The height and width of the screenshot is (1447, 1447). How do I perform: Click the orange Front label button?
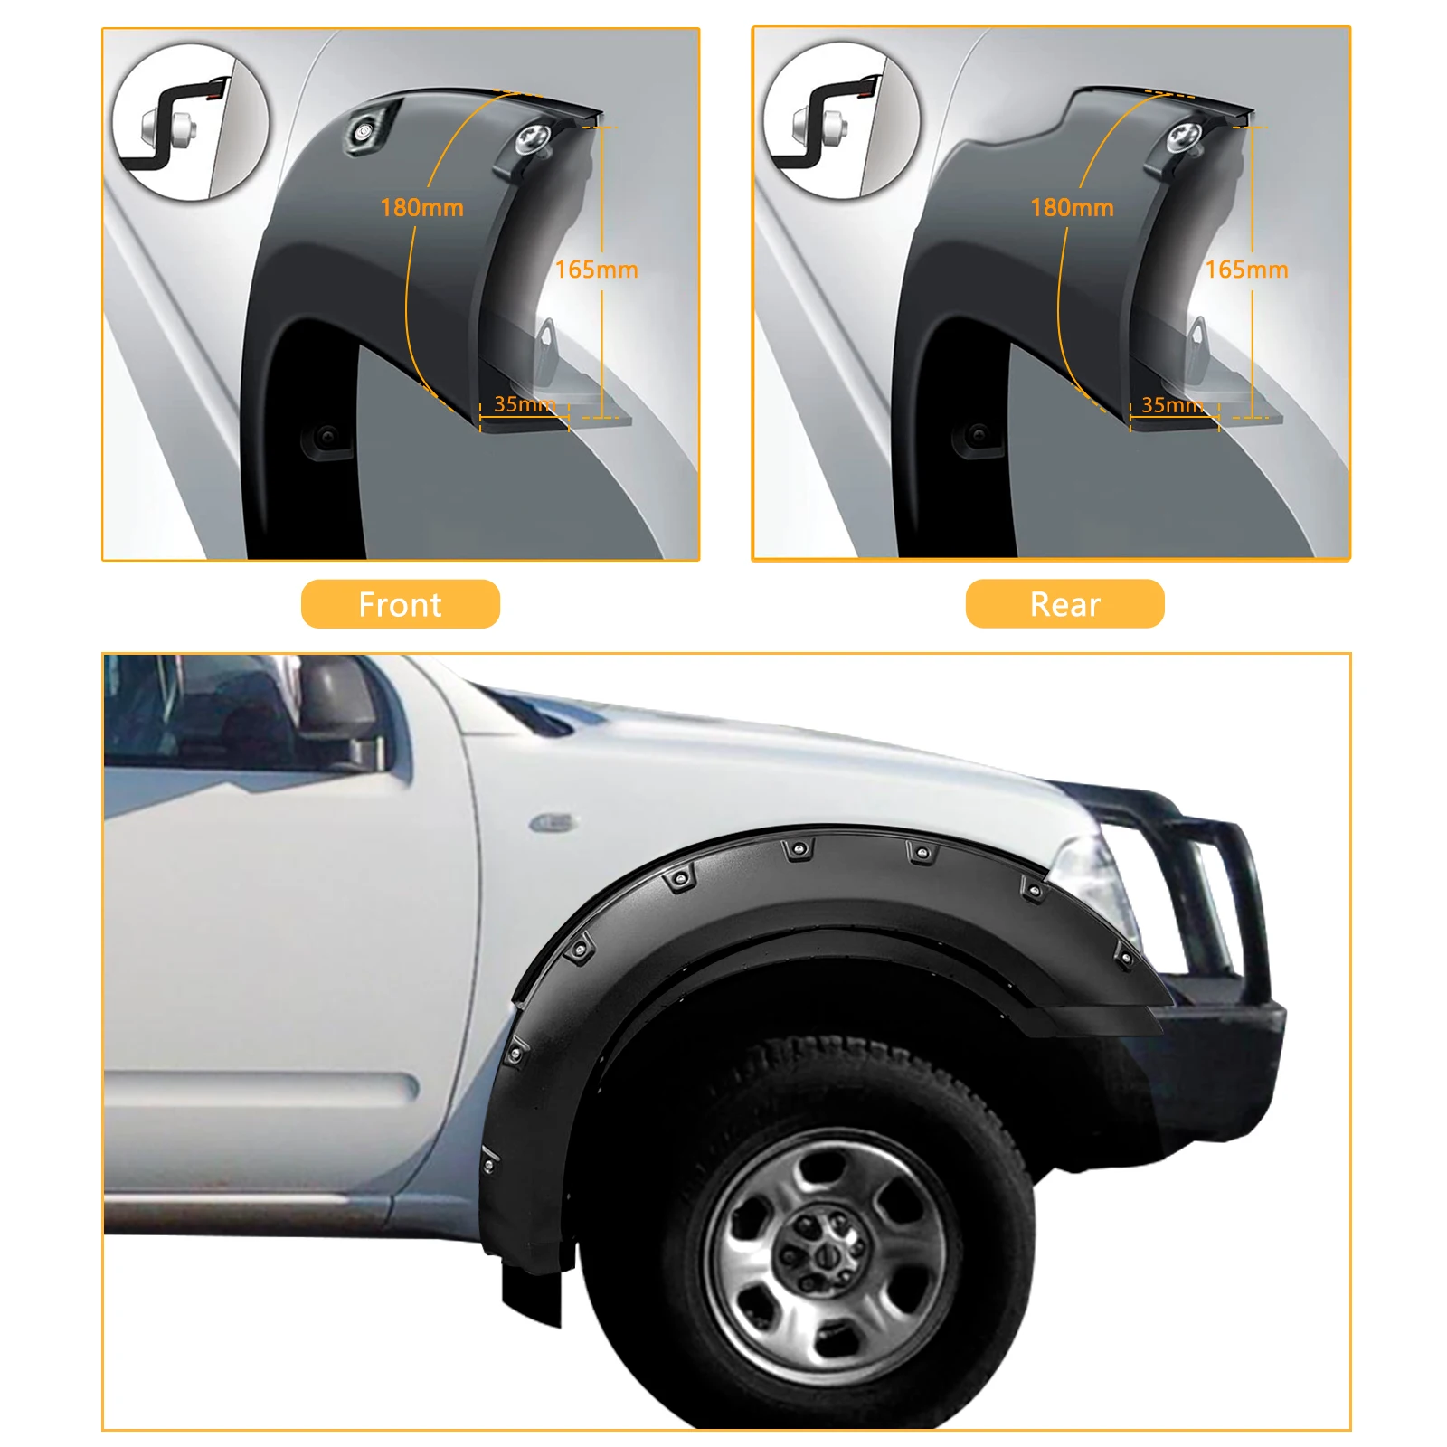[400, 604]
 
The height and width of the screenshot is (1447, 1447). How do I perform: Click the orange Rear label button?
[1064, 604]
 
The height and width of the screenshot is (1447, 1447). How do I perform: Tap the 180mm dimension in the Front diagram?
[421, 208]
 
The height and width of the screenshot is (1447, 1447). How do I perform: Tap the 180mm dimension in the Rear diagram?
[1072, 208]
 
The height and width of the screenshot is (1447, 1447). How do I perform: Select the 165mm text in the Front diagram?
[596, 270]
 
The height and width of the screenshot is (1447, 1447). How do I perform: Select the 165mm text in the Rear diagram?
[1246, 270]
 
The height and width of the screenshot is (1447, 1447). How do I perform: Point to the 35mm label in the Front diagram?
[524, 404]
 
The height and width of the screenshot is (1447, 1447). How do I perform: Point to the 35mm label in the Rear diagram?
[1172, 405]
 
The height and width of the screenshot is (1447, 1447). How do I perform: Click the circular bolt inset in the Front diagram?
[190, 122]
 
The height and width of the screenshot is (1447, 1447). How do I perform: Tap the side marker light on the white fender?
[553, 822]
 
